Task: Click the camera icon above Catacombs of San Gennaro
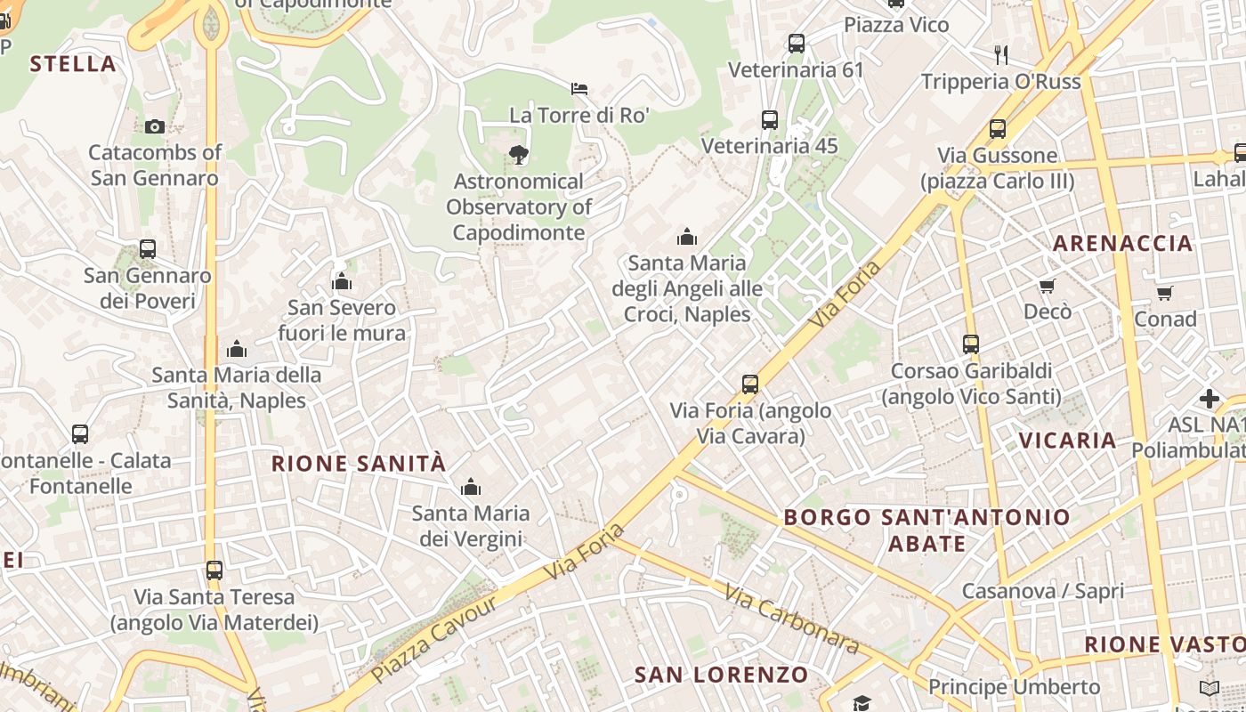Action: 155,126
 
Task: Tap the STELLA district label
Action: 73,63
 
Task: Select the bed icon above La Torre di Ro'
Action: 578,88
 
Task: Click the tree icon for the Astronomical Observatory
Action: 518,155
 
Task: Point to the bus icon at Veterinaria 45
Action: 770,119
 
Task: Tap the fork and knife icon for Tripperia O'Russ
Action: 1001,55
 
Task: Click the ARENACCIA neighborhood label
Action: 1122,243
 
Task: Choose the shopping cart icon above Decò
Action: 1048,287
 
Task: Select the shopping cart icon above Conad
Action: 1165,293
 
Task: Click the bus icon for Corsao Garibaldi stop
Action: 971,344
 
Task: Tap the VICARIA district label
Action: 1067,440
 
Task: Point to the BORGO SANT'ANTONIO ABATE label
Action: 926,530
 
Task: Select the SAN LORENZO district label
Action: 721,675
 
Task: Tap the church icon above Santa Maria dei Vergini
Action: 471,487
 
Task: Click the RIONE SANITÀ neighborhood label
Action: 358,464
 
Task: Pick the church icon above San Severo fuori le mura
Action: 342,282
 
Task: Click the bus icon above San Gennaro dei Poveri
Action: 148,249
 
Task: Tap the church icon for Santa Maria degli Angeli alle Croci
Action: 687,237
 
